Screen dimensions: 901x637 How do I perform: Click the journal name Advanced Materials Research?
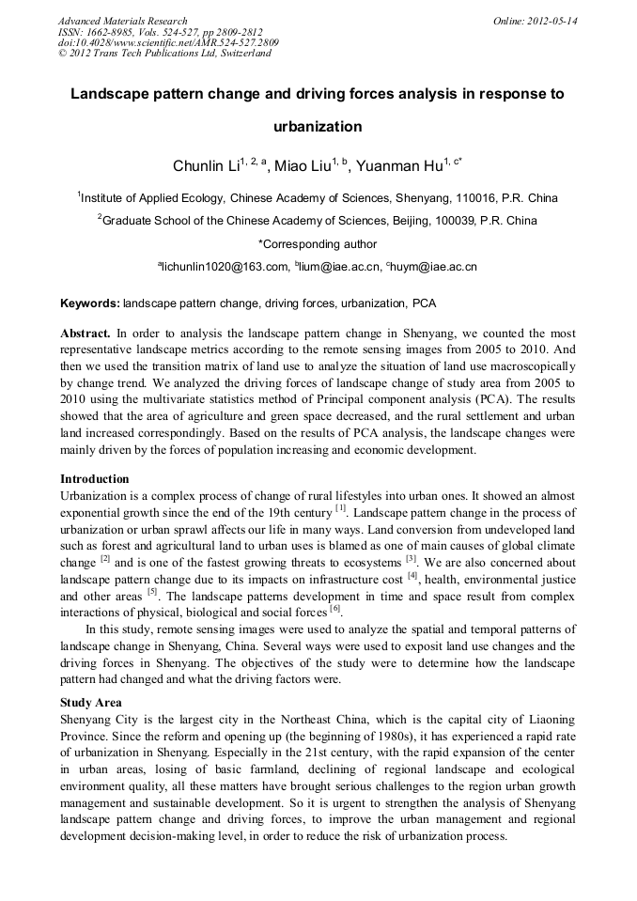(122, 21)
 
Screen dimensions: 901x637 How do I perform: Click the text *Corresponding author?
(318, 243)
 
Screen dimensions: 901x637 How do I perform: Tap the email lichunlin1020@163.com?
(225, 267)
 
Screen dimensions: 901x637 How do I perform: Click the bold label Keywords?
(90, 304)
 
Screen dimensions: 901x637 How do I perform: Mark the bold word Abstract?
(86, 334)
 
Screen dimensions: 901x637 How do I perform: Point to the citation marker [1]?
(341, 508)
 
